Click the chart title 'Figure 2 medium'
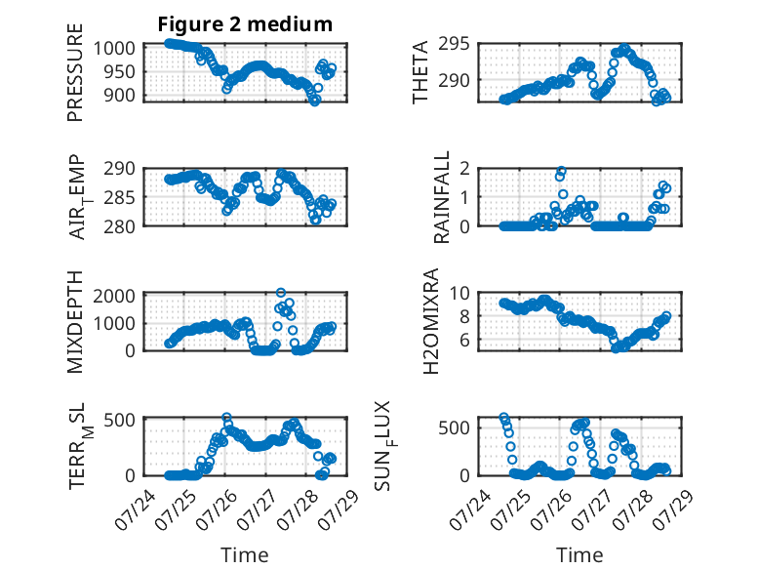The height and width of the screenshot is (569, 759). click(245, 24)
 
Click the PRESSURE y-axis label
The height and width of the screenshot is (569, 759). click(75, 72)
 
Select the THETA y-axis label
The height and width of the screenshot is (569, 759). click(420, 72)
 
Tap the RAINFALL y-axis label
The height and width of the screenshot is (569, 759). click(442, 197)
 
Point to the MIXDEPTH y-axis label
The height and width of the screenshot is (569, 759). click(75, 322)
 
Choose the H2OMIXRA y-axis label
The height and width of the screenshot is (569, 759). click(430, 321)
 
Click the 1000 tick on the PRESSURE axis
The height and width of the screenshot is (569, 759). click(114, 49)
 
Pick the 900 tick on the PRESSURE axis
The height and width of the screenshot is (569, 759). click(119, 96)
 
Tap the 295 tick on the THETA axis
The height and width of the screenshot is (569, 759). click(454, 44)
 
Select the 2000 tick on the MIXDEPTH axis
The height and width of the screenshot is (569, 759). click(114, 295)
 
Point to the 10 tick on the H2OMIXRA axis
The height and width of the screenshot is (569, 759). click(459, 293)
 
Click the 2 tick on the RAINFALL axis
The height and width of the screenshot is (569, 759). click(465, 169)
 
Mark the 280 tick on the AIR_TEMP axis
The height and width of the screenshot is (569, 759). click(119, 226)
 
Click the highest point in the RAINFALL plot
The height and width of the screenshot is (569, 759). click(562, 171)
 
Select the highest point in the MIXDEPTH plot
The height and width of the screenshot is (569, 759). click(281, 293)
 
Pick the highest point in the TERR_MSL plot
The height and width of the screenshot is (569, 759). click(226, 417)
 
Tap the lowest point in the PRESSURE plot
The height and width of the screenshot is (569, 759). click(315, 102)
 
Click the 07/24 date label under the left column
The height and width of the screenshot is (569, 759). click(136, 509)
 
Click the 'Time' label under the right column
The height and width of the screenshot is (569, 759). click(579, 555)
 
